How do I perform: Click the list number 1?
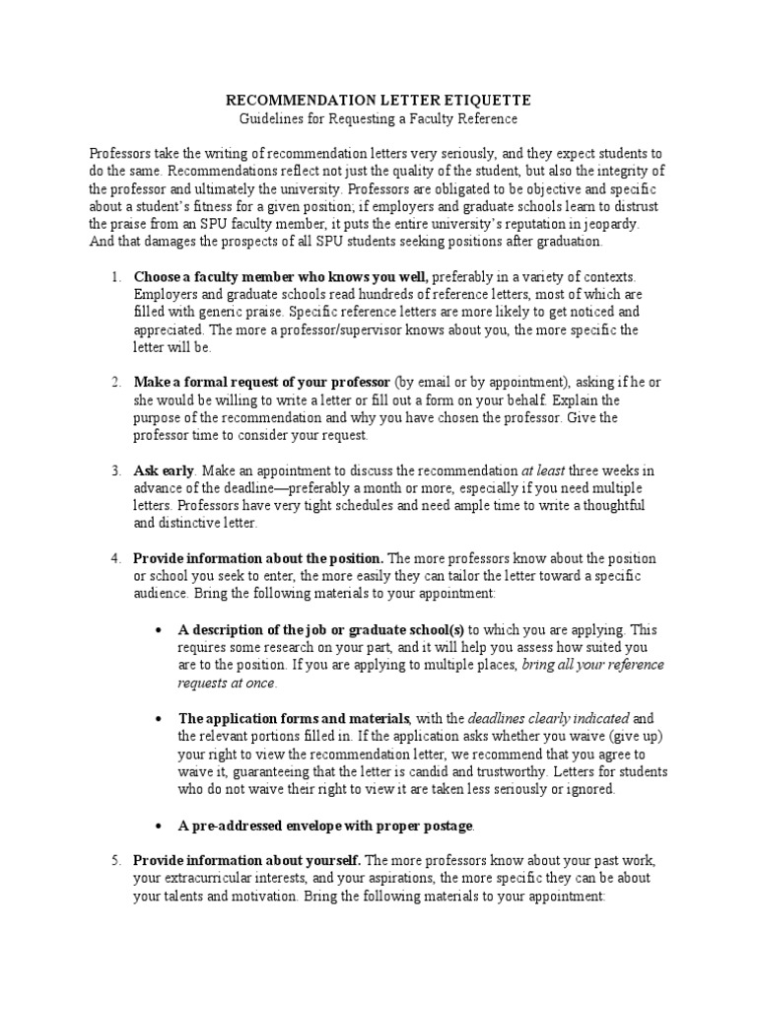pyautogui.click(x=115, y=277)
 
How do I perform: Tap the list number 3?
pyautogui.click(x=115, y=470)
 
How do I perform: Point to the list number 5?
pyautogui.click(x=115, y=861)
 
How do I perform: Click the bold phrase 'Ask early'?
pyautogui.click(x=163, y=470)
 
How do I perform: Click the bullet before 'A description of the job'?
pyautogui.click(x=159, y=629)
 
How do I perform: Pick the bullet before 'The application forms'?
pyautogui.click(x=159, y=718)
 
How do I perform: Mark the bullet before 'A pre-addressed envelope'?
pyautogui.click(x=159, y=824)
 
